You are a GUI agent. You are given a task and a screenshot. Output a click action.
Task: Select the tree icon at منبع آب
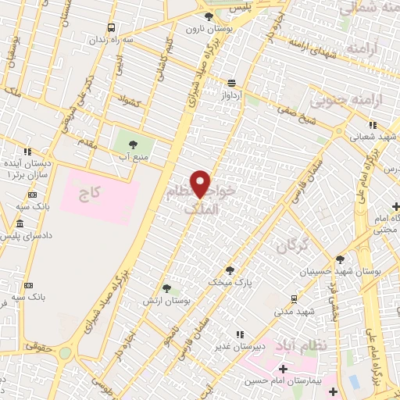pyautogui.click(x=132, y=144)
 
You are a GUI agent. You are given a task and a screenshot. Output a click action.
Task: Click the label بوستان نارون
pyautogui.click(x=204, y=29)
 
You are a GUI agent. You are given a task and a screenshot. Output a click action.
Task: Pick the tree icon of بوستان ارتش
pyautogui.click(x=165, y=288)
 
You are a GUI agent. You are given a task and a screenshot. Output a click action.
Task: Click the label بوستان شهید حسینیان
pyautogui.click(x=339, y=271)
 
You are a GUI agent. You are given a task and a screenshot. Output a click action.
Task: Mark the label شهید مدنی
pyautogui.click(x=295, y=311)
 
